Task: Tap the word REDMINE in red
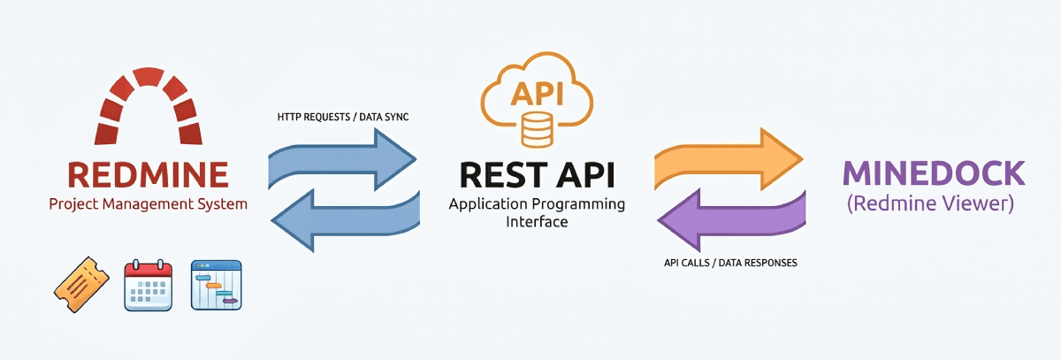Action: (x=149, y=174)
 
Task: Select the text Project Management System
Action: (x=149, y=204)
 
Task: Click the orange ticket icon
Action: (x=81, y=285)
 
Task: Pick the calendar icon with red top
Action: (x=149, y=285)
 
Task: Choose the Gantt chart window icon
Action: (x=217, y=285)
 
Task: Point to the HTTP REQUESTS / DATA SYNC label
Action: (x=343, y=117)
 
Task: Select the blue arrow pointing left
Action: (x=346, y=220)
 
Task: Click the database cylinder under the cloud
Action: (x=538, y=129)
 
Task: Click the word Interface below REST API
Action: (x=537, y=222)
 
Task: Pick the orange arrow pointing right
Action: (x=729, y=159)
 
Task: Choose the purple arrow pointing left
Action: (x=732, y=220)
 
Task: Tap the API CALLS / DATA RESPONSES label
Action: (x=730, y=263)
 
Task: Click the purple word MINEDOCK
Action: (x=934, y=173)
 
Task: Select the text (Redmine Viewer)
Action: (x=930, y=203)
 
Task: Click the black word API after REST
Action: (x=586, y=175)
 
